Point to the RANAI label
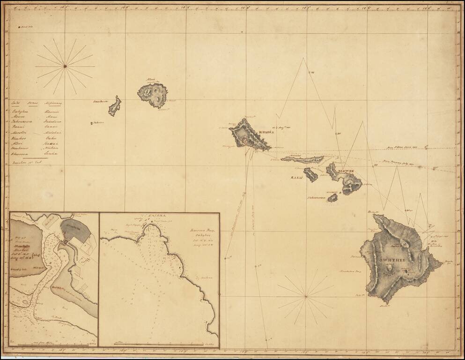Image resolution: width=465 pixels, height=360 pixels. (x=297, y=178)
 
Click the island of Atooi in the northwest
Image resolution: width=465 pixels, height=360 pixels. (x=152, y=95)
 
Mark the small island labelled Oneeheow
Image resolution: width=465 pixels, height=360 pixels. (x=115, y=106)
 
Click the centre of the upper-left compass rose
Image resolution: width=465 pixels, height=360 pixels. (x=65, y=67)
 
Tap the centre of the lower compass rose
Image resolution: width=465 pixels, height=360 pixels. (x=305, y=296)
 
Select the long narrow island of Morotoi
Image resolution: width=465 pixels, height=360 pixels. (x=302, y=159)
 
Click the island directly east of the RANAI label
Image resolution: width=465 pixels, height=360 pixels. (x=310, y=175)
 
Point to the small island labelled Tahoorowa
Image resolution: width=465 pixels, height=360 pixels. (x=332, y=198)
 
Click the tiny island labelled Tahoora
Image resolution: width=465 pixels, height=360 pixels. (x=92, y=123)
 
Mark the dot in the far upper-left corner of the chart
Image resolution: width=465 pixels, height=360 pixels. (x=19, y=28)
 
